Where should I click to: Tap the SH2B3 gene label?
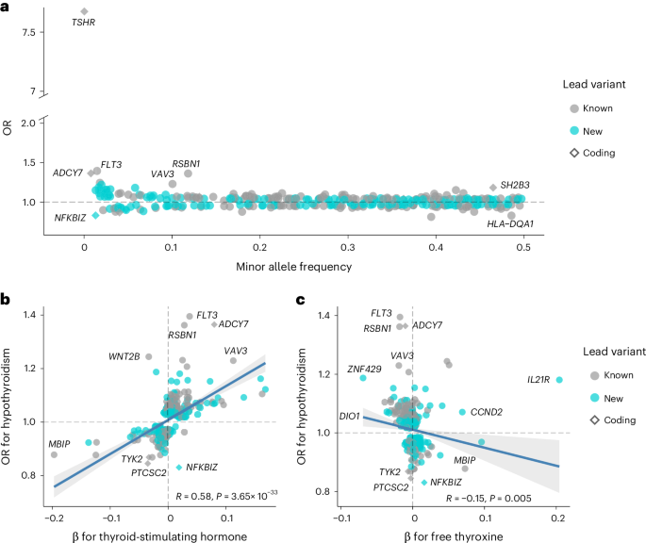[516, 185]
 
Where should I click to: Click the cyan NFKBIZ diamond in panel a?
[95, 216]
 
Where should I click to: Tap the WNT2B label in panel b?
[124, 356]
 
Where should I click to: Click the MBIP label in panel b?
[59, 443]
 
